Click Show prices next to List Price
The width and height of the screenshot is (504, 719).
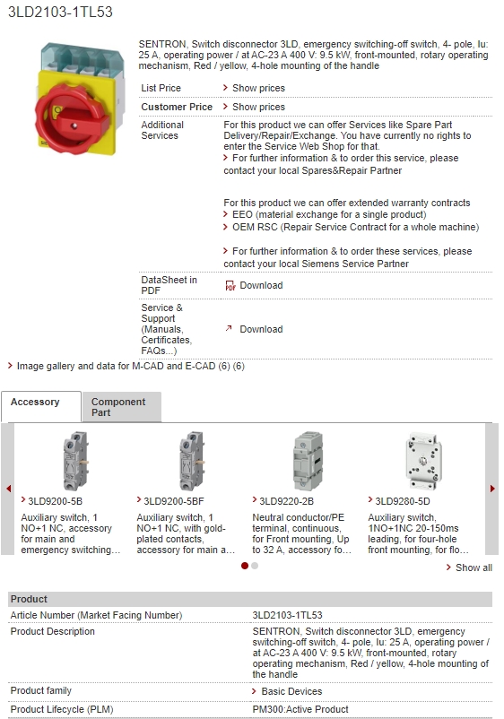258,88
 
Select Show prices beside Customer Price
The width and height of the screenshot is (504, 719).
258,107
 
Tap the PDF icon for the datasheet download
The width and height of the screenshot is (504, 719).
230,285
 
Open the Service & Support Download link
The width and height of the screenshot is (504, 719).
261,329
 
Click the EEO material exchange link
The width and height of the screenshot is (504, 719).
329,214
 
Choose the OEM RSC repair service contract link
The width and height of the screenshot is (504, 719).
355,227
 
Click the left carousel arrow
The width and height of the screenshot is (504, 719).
8,489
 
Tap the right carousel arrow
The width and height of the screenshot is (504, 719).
492,489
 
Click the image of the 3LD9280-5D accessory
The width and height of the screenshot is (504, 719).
423,462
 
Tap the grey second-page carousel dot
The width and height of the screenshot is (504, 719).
255,566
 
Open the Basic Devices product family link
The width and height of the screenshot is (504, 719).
291,691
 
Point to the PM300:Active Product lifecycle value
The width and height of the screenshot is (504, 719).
300,709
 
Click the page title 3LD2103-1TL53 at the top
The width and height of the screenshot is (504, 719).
60,12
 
